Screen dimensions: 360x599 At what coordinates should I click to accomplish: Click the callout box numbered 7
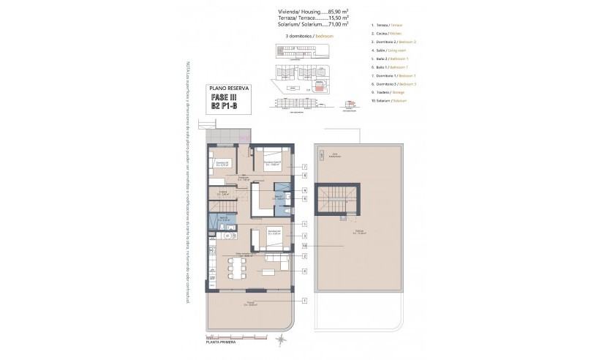[x=304, y=168]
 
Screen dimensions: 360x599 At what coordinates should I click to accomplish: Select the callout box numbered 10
[x=304, y=246]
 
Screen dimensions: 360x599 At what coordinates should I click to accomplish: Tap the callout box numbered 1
[x=304, y=300]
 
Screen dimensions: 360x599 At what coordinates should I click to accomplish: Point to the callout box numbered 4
[x=304, y=270]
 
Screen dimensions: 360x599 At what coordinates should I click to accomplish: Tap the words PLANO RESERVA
[x=229, y=88]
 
